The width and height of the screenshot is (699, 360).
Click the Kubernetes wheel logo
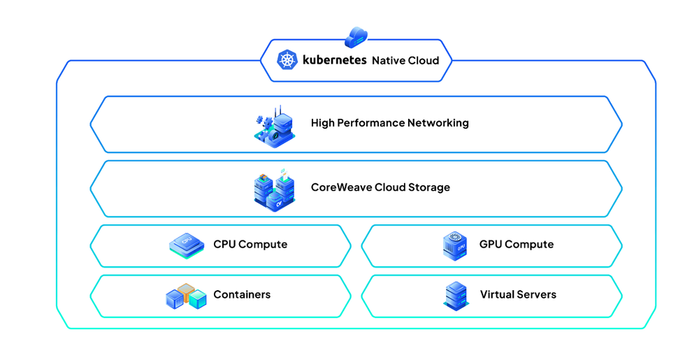point(287,60)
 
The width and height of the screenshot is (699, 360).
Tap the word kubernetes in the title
point(334,60)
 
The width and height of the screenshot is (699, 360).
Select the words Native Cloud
point(405,61)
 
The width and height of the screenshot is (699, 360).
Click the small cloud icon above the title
point(356,36)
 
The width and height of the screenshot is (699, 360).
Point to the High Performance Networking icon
point(274,126)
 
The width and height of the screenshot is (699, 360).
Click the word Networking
point(438,123)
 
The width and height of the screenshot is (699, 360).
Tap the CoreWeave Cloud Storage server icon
point(274,189)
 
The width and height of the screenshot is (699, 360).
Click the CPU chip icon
point(187,245)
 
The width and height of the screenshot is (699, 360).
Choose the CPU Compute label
point(250,244)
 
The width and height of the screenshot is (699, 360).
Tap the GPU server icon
point(455,246)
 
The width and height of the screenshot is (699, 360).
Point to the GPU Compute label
point(517,244)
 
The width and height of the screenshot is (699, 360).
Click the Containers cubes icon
point(186,297)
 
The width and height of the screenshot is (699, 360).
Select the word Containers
point(242,294)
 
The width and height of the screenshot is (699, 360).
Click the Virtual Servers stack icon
point(456,296)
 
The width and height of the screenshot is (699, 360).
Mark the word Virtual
point(497,294)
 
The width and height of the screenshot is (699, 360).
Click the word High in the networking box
point(322,123)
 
